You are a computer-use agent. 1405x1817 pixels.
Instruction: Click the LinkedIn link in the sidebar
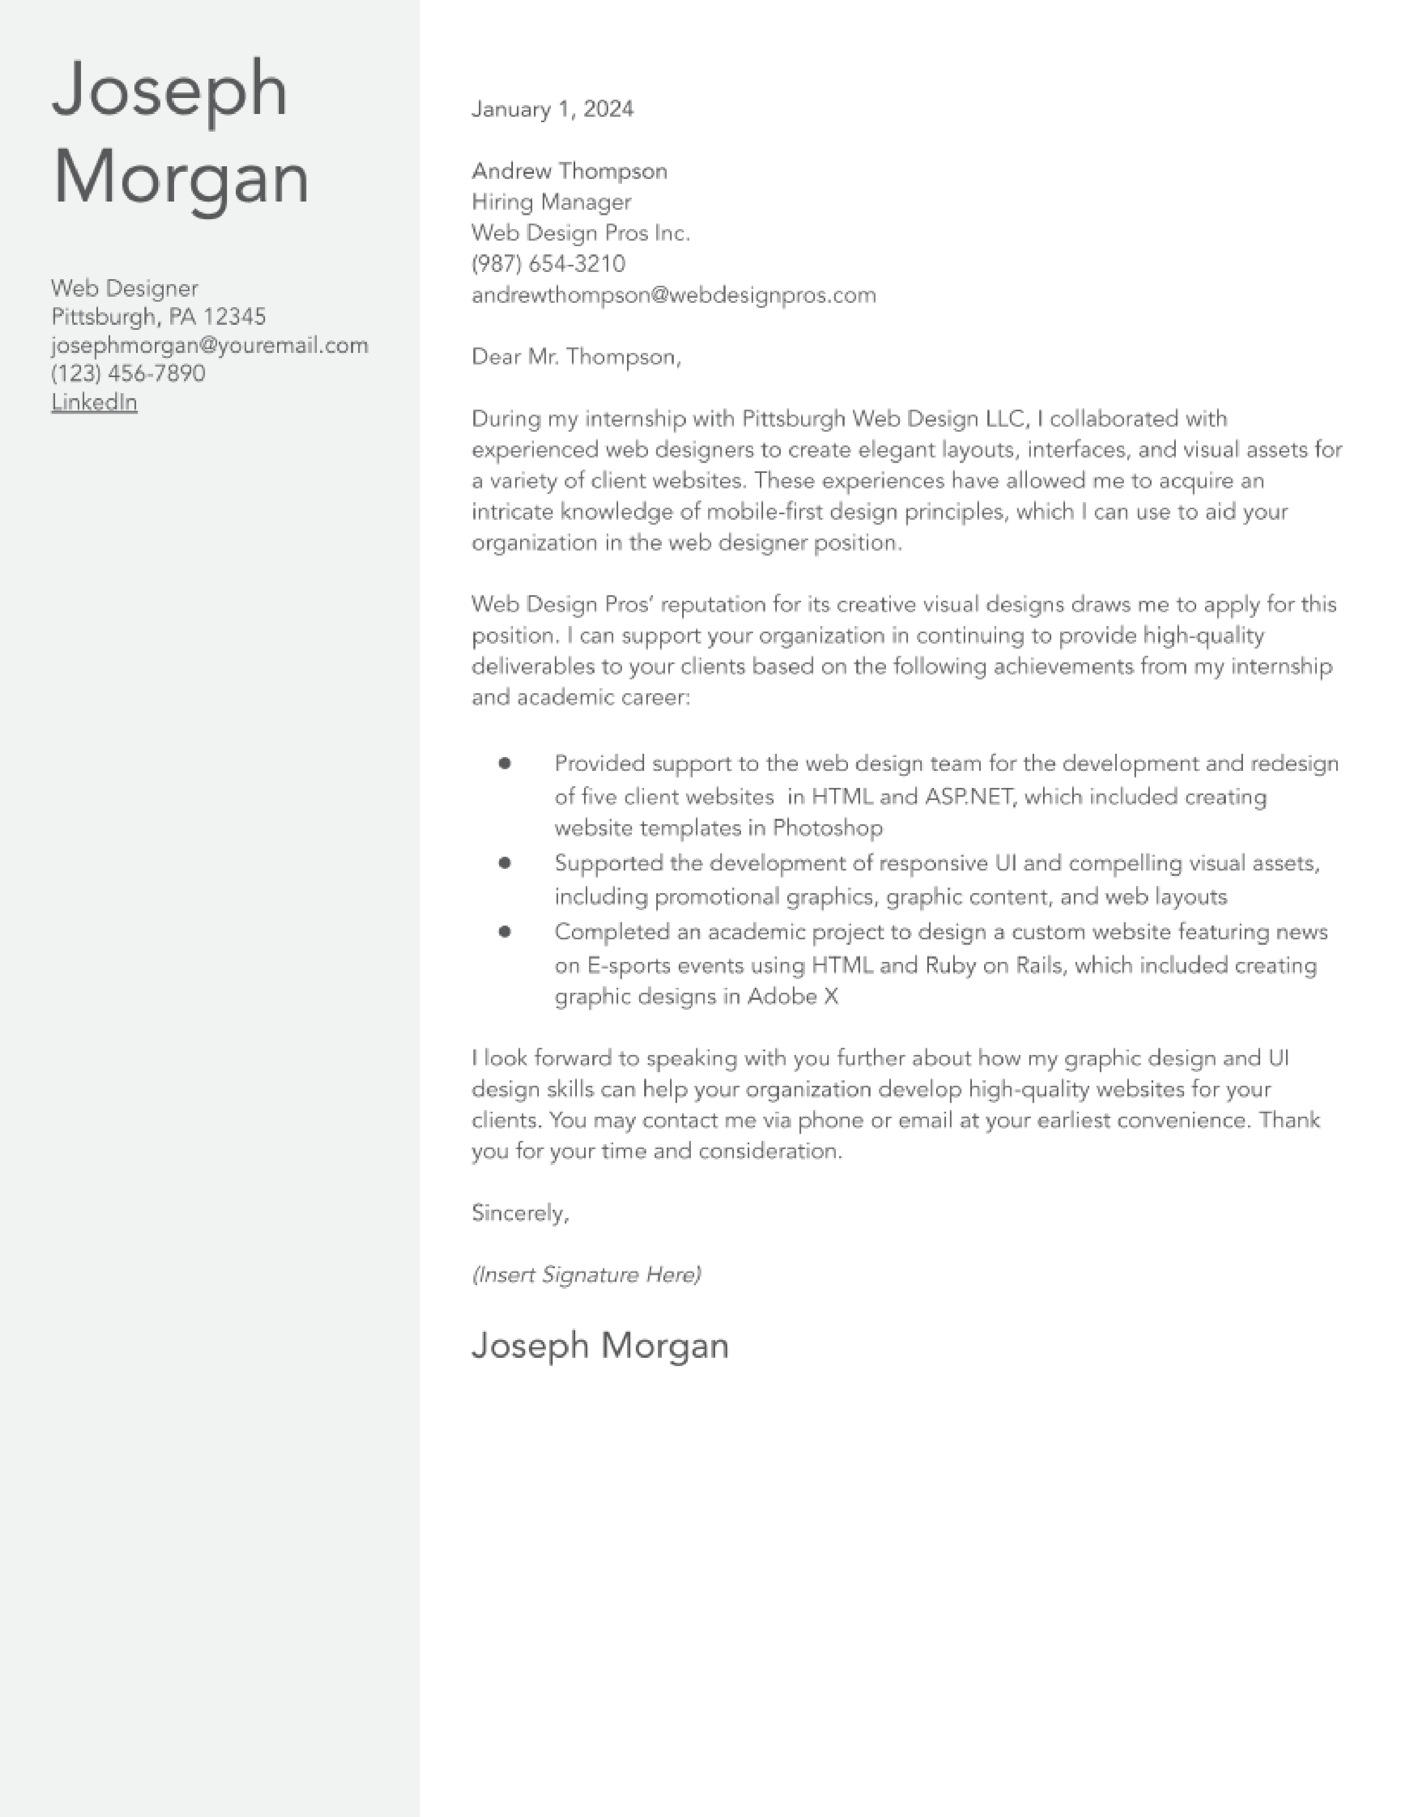94,402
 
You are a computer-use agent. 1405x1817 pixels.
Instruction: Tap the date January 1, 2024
552,109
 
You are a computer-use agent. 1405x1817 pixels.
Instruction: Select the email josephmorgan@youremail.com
209,345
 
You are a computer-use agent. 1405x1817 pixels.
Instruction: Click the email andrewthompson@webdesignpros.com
673,295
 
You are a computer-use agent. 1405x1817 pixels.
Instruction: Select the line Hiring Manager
551,202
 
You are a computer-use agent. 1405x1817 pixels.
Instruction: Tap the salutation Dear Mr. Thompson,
576,357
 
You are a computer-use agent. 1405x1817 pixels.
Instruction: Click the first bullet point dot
504,763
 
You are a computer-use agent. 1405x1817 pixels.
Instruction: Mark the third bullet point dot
504,931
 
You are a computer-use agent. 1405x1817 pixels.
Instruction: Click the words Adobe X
792,997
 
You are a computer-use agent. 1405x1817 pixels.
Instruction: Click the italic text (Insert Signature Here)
586,1275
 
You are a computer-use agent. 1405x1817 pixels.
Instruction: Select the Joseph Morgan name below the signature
599,1345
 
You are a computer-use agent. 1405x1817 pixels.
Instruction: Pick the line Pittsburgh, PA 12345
158,317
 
